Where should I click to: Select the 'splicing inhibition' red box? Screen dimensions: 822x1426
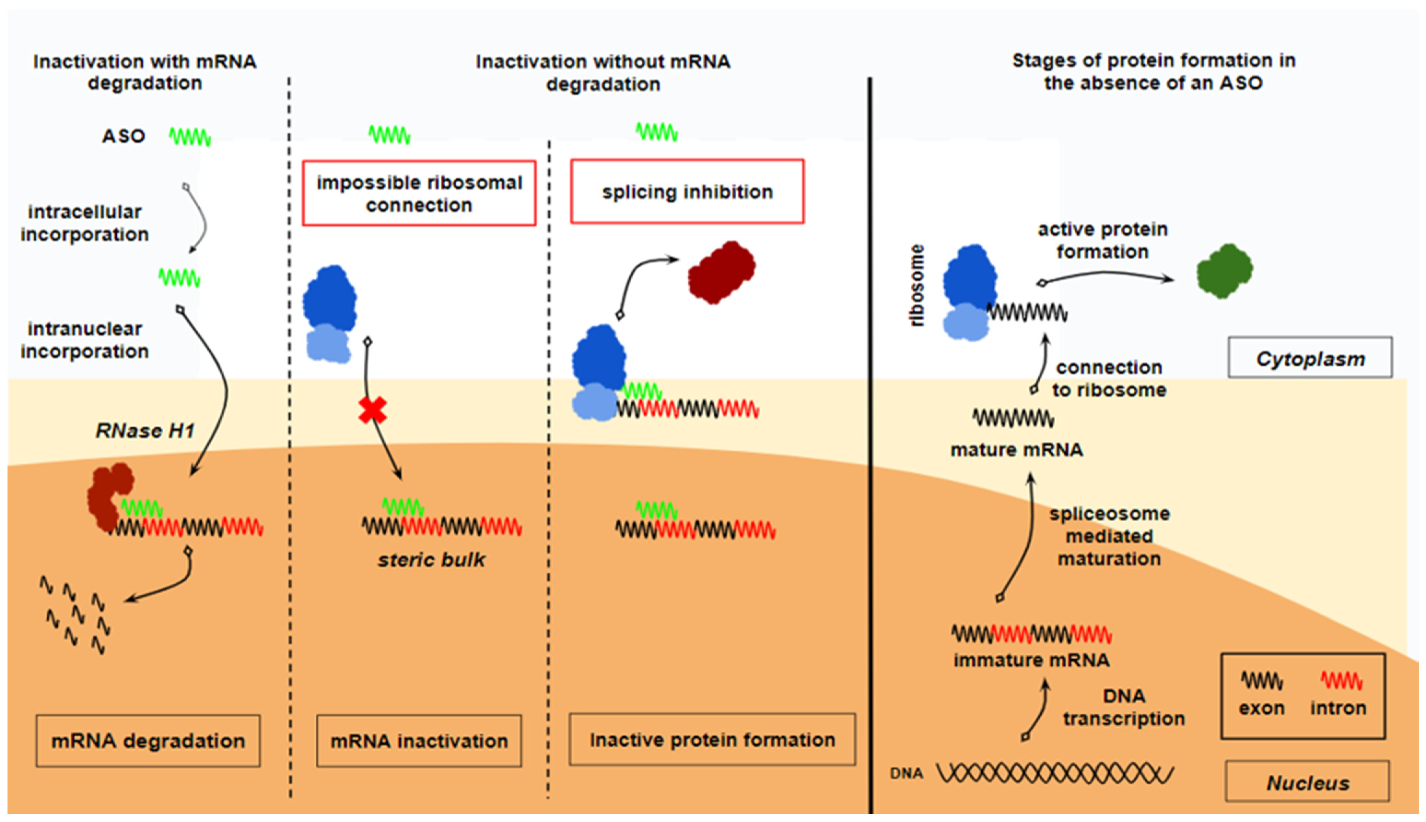[x=687, y=192]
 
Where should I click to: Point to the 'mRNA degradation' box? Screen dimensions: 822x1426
[x=148, y=741]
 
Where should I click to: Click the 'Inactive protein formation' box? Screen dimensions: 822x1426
[x=712, y=740]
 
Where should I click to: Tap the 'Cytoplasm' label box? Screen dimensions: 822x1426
[x=1310, y=358]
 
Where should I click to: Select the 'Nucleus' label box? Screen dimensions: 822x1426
[x=1307, y=782]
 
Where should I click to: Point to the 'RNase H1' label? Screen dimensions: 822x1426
[x=145, y=431]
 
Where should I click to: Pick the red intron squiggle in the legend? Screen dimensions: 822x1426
[x=1341, y=681]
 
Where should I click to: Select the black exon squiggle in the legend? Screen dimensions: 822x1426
[x=1262, y=681]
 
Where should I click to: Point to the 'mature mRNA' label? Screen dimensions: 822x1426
[x=1016, y=450]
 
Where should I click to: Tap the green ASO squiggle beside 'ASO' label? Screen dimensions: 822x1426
[x=190, y=137]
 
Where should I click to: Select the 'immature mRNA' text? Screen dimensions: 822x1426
[x=1031, y=660]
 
